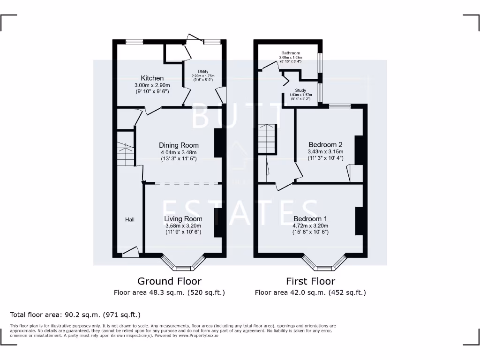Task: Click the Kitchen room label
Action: coord(152,78)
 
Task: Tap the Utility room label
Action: coord(203,72)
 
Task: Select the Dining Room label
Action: coord(179,145)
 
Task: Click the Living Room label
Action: coord(183,219)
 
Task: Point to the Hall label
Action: coord(130,219)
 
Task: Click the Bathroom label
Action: coord(291,53)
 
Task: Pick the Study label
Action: coord(300,90)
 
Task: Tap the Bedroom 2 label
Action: coord(325,145)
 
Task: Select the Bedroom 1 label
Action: coord(310,219)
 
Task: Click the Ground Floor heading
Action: coord(169,281)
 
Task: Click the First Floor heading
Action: coord(310,281)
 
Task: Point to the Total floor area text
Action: coord(75,315)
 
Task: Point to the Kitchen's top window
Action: coord(134,42)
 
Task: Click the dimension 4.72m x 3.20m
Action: coord(310,225)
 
